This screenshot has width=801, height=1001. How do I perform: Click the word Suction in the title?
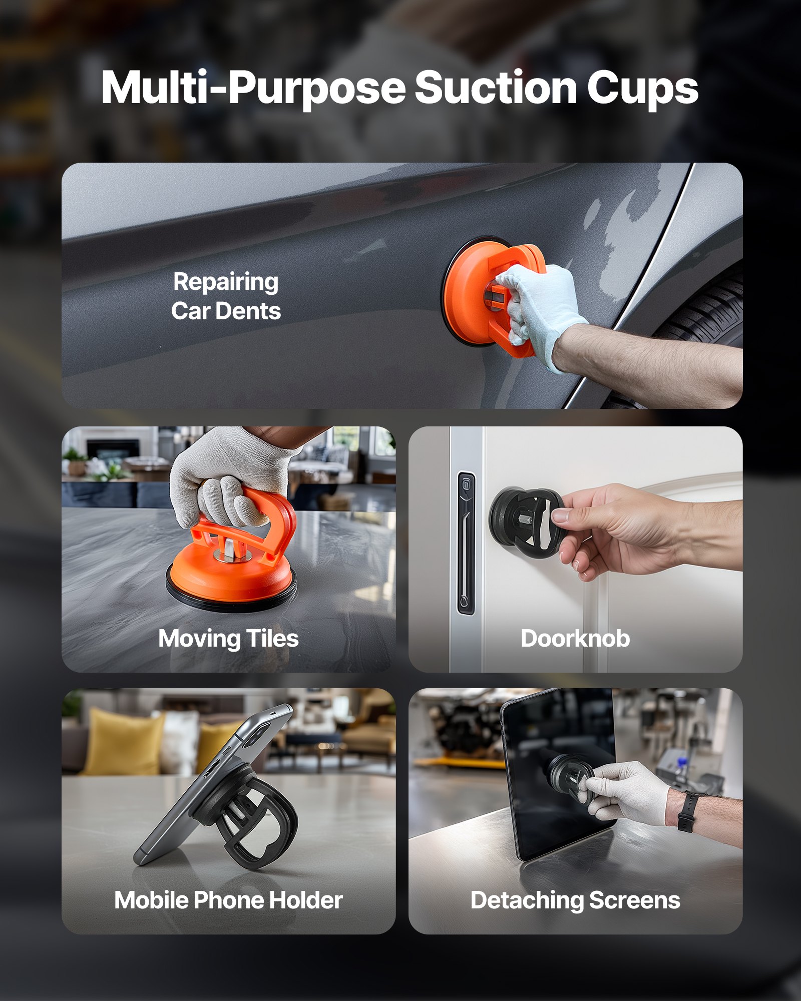pyautogui.click(x=496, y=88)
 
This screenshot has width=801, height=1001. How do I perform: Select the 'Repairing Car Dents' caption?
pyautogui.click(x=226, y=296)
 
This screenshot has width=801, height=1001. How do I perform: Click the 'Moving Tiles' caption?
pyautogui.click(x=228, y=639)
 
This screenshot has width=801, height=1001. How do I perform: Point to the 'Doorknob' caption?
pyautogui.click(x=575, y=639)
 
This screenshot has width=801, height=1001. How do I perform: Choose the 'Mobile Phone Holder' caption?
pyautogui.click(x=228, y=900)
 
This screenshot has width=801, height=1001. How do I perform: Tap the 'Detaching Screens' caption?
pyautogui.click(x=575, y=900)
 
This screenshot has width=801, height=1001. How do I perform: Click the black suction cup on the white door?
pyautogui.click(x=521, y=523)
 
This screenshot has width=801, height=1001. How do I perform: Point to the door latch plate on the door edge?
pyautogui.click(x=466, y=543)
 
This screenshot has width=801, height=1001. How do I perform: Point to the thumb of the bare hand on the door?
pyautogui.click(x=568, y=514)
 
